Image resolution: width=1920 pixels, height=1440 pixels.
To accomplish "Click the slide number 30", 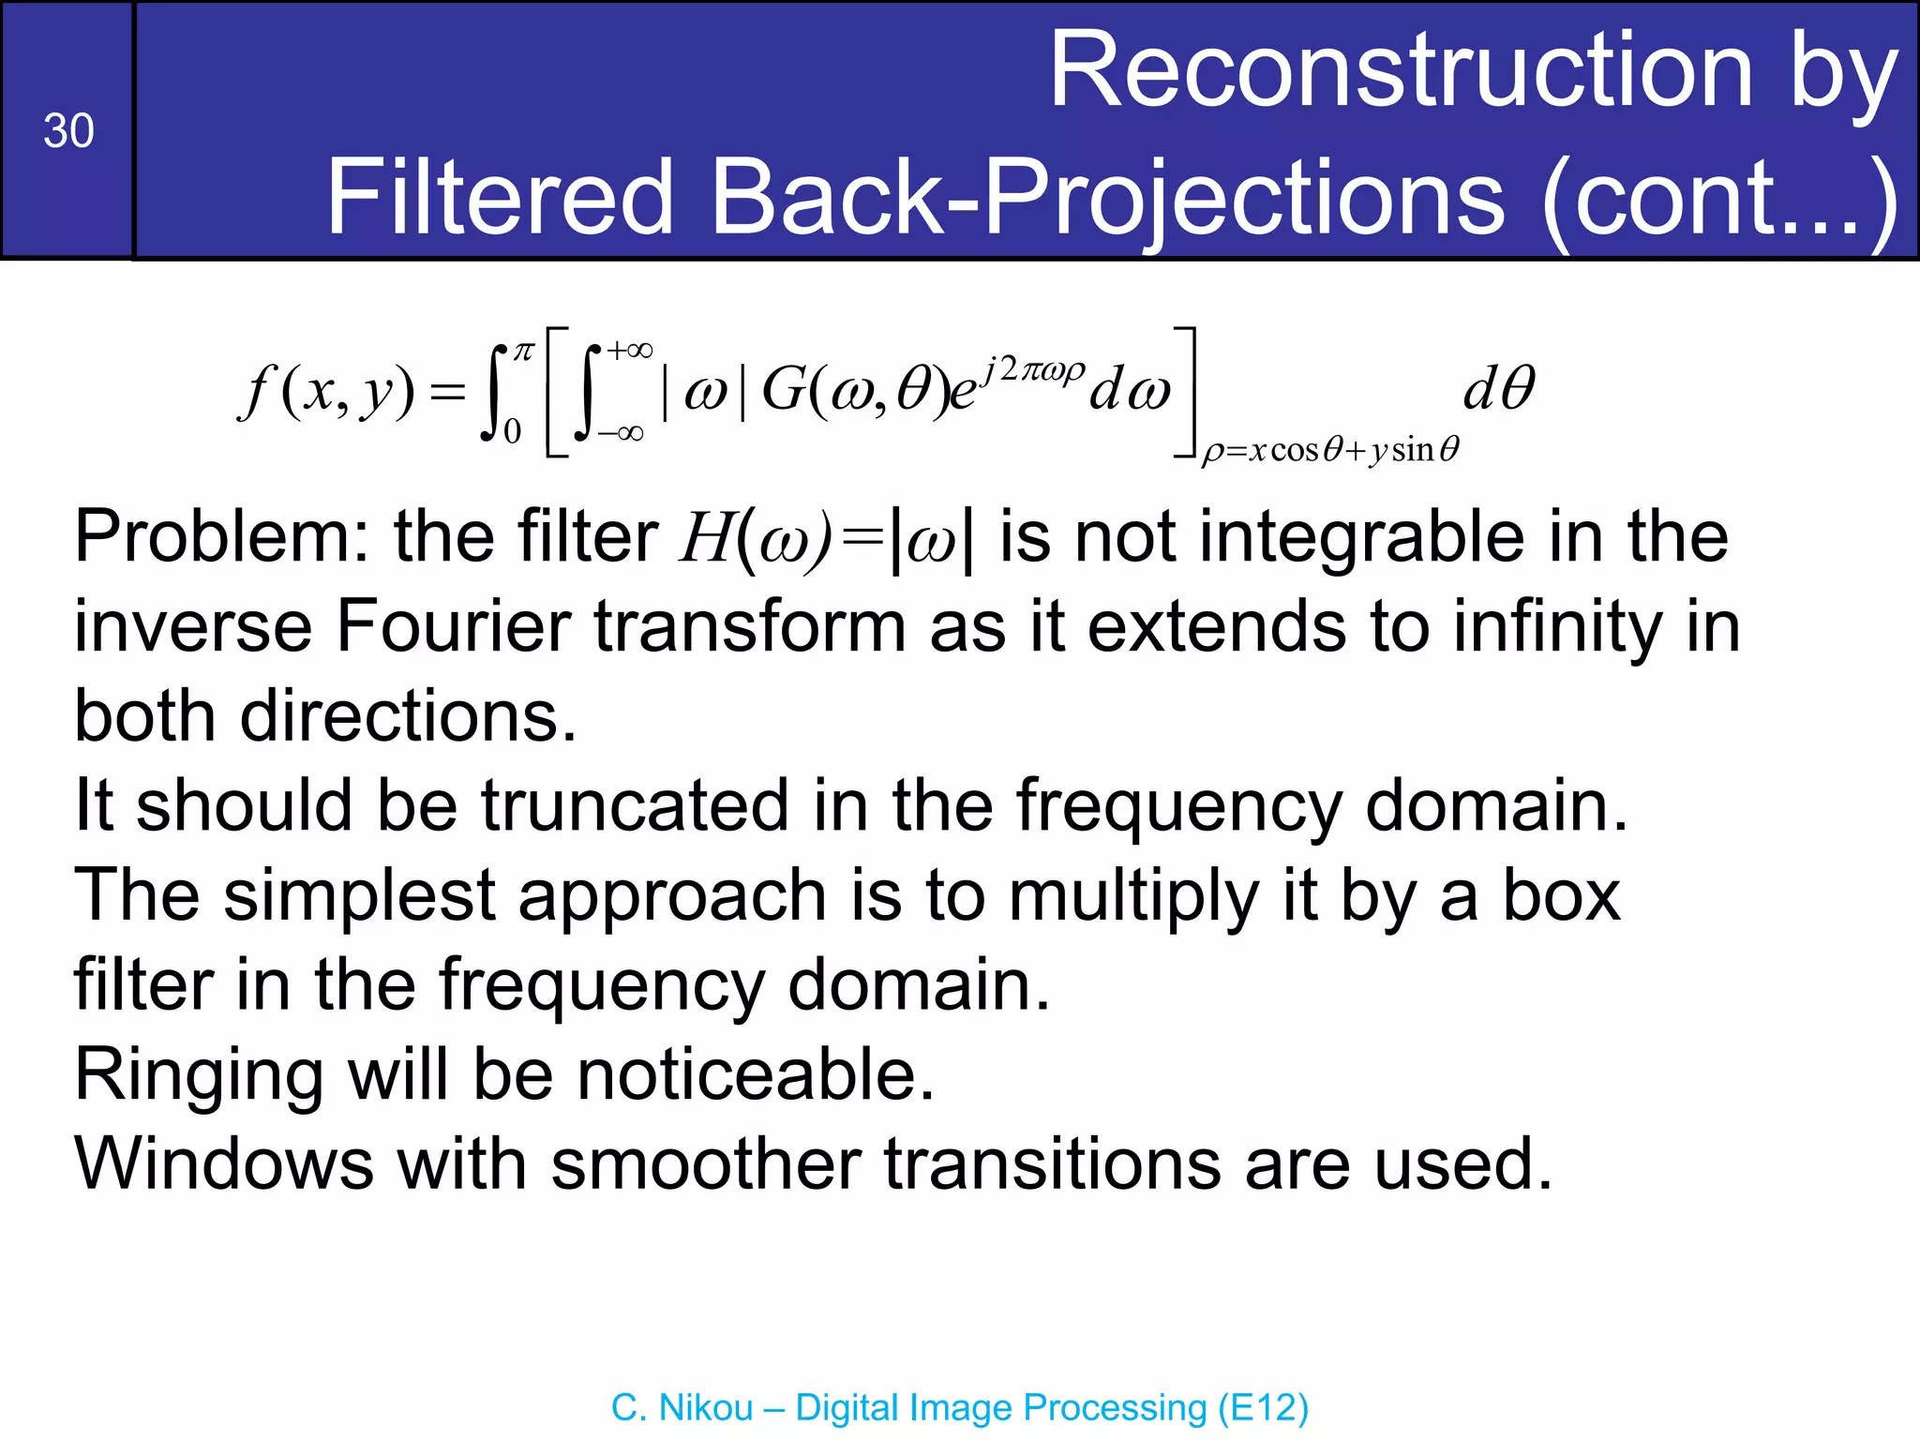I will coord(68,130).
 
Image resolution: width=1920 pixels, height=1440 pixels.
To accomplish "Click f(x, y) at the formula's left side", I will coord(327,391).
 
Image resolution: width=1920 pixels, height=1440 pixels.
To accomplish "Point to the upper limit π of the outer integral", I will coord(523,352).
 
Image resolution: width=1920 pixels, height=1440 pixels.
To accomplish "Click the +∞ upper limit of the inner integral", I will coord(629,351).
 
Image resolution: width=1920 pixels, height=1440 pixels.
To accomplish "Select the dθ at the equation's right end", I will coord(1498,388).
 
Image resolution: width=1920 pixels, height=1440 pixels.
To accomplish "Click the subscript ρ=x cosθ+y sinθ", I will coord(1330,451).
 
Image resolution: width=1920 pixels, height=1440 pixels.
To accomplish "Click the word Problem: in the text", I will coord(221,537).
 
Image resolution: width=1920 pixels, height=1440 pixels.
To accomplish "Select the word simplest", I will coord(358,895).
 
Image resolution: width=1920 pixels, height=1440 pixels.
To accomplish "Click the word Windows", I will coord(224,1163).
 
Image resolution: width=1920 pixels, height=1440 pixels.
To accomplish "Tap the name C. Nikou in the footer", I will coord(682,1407).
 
